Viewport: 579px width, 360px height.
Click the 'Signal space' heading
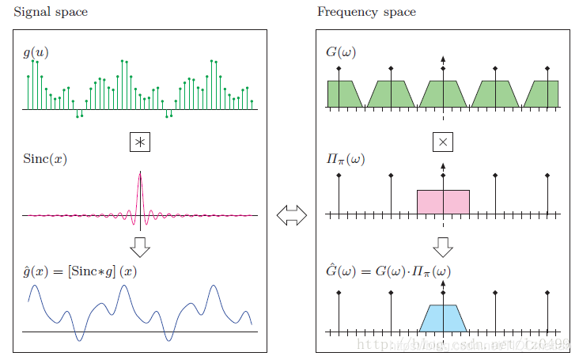51,13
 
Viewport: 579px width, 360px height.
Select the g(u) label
35,54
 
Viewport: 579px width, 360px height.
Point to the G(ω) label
341,54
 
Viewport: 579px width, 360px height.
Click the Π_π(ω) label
346,159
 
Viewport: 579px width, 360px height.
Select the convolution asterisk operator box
140,142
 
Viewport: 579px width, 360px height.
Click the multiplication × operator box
443,142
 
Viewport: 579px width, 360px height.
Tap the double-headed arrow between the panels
291,215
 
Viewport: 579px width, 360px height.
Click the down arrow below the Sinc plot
140,246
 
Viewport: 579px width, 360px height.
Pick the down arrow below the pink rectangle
443,246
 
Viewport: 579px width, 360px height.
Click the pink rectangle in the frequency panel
443,202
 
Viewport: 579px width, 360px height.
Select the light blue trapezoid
443,318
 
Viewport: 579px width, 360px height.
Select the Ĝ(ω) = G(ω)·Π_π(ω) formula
388,271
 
